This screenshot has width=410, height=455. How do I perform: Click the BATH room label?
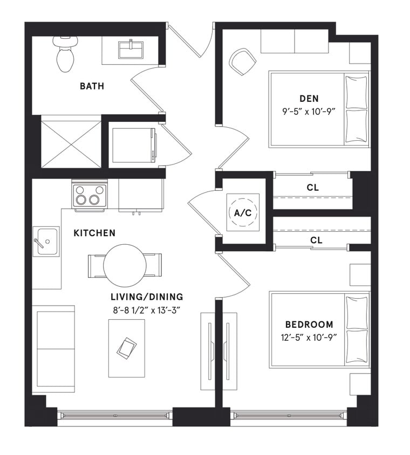click(92, 86)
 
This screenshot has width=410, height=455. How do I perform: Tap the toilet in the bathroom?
click(65, 54)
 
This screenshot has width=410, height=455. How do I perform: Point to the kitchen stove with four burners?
click(90, 195)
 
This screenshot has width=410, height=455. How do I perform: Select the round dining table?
click(125, 265)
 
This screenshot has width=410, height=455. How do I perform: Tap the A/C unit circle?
click(242, 212)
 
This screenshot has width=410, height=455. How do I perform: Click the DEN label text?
click(309, 98)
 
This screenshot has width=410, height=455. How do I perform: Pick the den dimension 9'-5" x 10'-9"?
click(309, 112)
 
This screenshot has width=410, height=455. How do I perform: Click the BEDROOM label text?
click(309, 325)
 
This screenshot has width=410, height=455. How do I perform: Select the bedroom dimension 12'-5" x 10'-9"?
click(309, 338)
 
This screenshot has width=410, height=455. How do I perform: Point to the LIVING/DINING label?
click(147, 297)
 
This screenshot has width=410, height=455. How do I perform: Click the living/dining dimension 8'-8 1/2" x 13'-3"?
click(147, 310)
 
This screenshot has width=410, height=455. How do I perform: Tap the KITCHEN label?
click(94, 233)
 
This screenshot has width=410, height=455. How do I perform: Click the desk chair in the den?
click(242, 61)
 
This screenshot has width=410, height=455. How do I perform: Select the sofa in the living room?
click(53, 348)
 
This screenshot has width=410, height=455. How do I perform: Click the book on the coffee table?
click(126, 348)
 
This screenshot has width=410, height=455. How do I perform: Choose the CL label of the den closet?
click(312, 188)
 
